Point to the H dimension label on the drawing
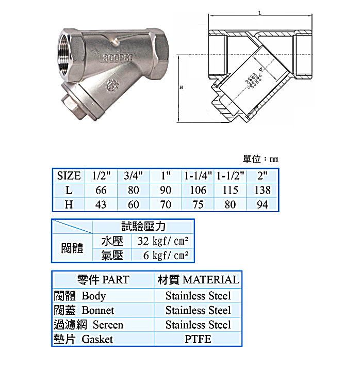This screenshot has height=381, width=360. point(181,88)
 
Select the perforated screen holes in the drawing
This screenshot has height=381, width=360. point(253,81)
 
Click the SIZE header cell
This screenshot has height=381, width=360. point(69,176)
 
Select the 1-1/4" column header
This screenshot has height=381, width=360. point(198,176)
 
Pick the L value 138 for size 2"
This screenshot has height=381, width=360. point(263,190)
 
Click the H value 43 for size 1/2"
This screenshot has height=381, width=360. point(101,204)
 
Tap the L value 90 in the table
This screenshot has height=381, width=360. point(166,190)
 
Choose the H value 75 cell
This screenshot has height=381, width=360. point(198,204)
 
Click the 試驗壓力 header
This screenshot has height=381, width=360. point(143,227)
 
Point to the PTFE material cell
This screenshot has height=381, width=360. point(198,339)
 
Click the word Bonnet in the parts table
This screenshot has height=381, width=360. point(98,310)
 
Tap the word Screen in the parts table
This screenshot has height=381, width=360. point(108,325)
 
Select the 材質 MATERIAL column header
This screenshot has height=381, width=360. point(198,280)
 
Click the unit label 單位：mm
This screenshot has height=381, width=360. point(260,159)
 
